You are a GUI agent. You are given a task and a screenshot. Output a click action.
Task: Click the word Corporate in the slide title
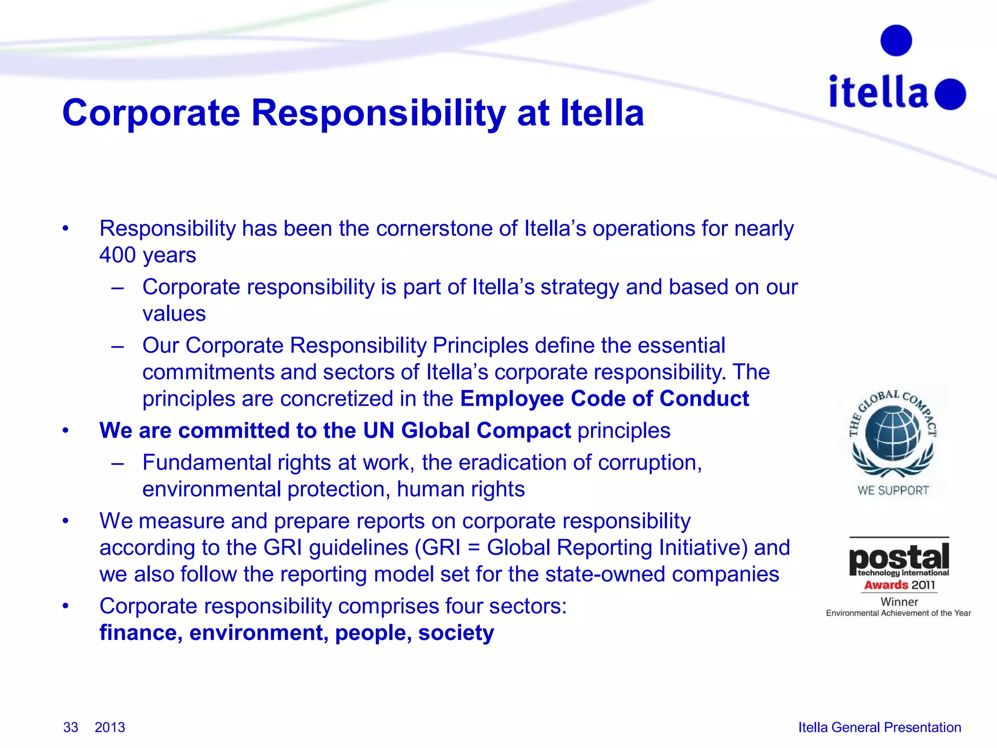(x=151, y=113)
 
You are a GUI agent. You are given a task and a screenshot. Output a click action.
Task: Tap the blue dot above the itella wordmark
(x=896, y=40)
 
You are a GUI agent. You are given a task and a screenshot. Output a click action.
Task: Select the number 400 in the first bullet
(x=117, y=255)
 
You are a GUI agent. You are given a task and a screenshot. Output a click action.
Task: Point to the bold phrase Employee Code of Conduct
(x=604, y=399)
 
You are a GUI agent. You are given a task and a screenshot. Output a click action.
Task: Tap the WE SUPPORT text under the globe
(x=893, y=490)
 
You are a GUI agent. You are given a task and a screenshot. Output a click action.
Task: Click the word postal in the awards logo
(x=899, y=558)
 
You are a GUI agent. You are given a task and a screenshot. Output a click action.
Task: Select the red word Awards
(x=886, y=585)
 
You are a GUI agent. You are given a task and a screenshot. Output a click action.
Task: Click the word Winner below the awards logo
(x=899, y=602)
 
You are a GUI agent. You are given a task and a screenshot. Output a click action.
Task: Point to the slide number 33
(x=71, y=727)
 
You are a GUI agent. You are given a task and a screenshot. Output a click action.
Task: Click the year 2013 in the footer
(x=110, y=727)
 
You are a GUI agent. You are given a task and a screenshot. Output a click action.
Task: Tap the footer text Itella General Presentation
(x=880, y=727)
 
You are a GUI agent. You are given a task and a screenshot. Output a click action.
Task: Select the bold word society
(x=456, y=633)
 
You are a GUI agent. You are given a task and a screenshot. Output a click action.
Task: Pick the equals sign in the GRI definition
(x=473, y=548)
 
